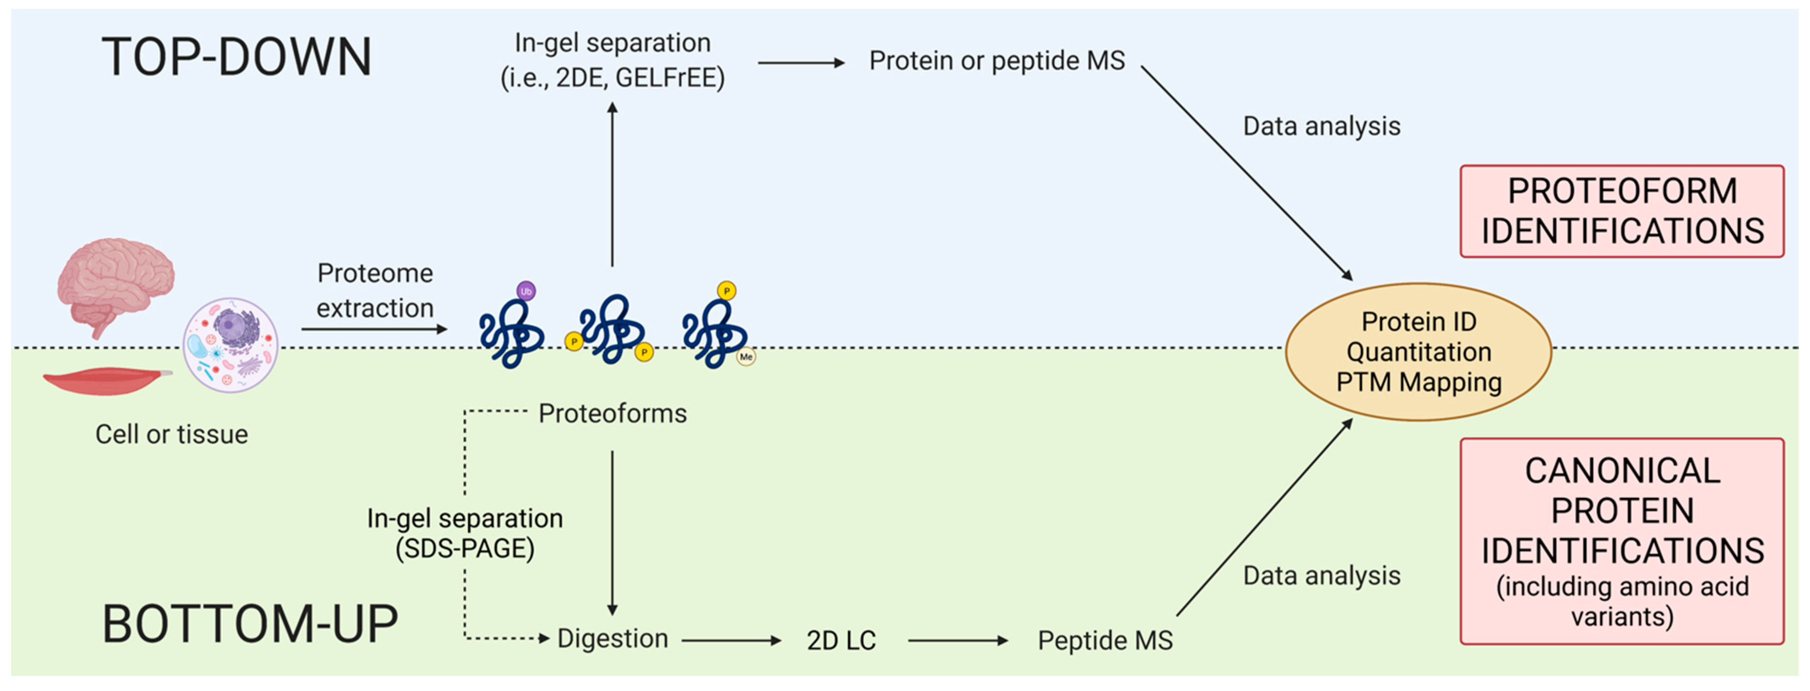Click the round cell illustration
(x=231, y=344)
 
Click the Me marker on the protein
(x=746, y=357)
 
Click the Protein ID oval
(x=1418, y=351)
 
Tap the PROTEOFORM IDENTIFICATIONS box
(x=1622, y=211)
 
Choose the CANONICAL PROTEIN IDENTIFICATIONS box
(x=1622, y=541)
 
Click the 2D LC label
(x=841, y=640)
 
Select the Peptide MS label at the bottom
(x=1105, y=640)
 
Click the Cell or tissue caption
(x=172, y=434)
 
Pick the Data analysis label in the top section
(x=1321, y=126)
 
